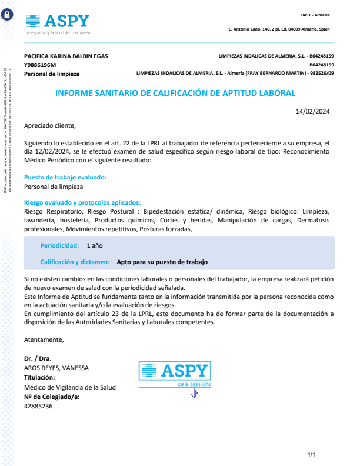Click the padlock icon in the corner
pos(8,16)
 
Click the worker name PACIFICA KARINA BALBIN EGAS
pos(66,56)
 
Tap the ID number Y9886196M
pos(40,65)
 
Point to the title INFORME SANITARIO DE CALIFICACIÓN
pos(175,93)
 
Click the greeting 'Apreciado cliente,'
pos(50,125)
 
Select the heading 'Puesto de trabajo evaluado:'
pos(65,177)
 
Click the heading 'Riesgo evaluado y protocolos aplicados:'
pos(82,202)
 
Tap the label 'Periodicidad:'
pos(59,245)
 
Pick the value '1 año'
pos(95,245)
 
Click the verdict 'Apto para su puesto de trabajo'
pos(162,262)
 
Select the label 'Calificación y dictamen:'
pos(75,262)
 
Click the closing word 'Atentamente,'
pos(44,339)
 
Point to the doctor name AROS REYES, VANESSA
pos(56,368)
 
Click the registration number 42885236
pos(38,406)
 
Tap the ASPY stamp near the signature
pos(175,372)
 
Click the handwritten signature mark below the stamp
pos(195,395)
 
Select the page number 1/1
pos(312,455)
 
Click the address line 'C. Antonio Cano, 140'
pos(279,29)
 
